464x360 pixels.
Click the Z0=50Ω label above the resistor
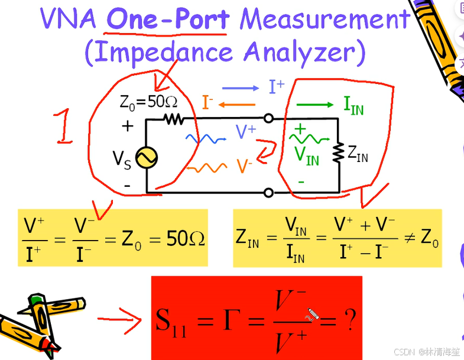click(x=148, y=102)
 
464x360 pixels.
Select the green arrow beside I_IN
click(x=315, y=105)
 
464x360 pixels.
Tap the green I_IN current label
click(x=353, y=105)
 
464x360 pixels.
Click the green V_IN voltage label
click(x=306, y=156)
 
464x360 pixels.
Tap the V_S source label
click(x=122, y=159)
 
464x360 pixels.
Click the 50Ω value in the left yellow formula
click(x=186, y=239)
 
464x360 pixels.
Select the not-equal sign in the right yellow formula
click(x=408, y=238)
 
